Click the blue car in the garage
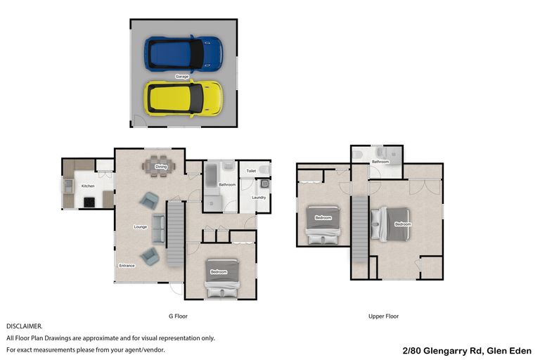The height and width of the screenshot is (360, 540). point(184,52)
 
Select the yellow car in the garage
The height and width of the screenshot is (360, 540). point(184,97)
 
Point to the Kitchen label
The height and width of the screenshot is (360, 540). point(88,186)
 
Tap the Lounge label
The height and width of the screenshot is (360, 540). point(140,227)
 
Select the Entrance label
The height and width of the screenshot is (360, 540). point(127,265)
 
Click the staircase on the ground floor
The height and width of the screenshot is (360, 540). point(174,233)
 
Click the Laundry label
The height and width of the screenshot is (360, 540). point(258,198)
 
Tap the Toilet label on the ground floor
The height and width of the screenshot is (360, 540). point(251,171)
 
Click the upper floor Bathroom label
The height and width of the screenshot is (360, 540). point(380,162)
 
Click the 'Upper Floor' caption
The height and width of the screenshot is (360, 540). point(383,316)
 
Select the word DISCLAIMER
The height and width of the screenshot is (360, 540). point(25,326)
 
